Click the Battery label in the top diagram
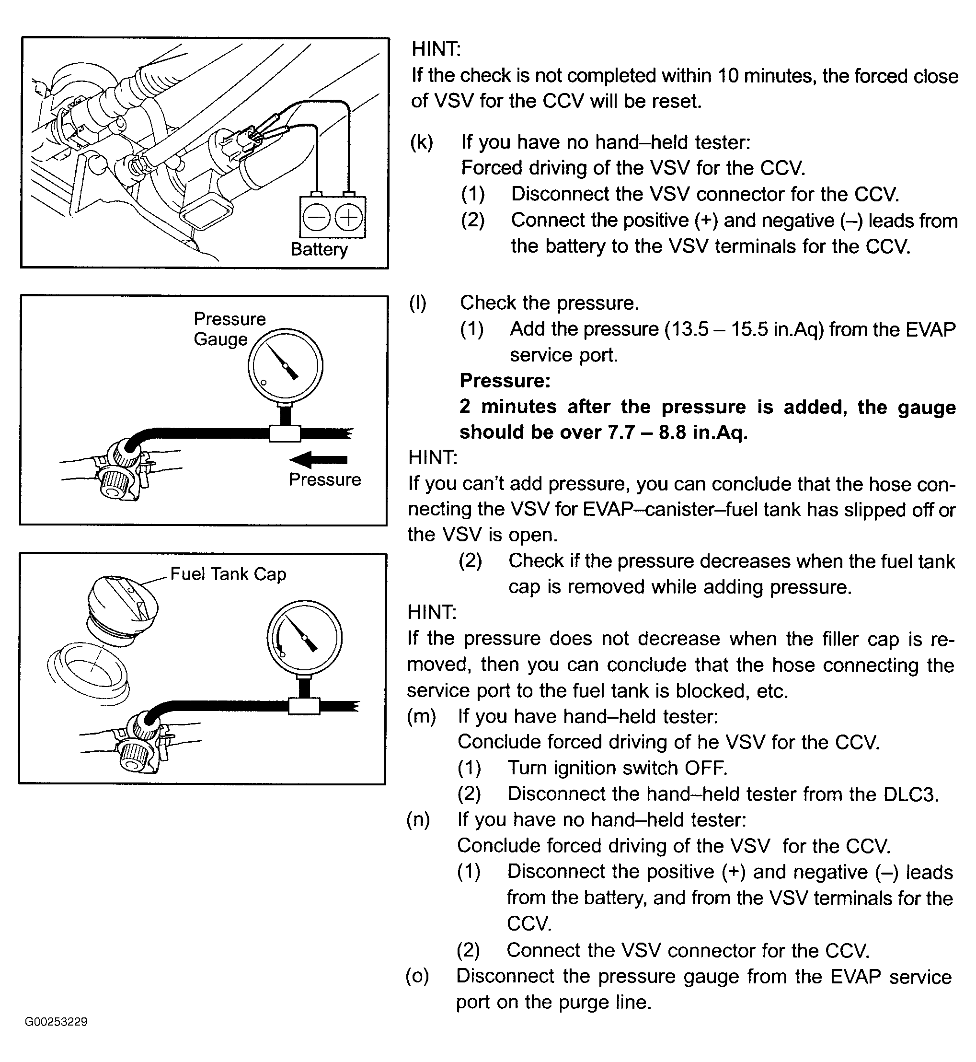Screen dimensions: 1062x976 click(319, 249)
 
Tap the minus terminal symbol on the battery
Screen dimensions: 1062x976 click(316, 218)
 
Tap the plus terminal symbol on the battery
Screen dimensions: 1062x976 click(349, 218)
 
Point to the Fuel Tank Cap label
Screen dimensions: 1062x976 click(228, 574)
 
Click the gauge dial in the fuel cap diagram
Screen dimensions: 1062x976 click(304, 637)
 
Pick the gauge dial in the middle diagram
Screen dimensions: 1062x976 click(285, 366)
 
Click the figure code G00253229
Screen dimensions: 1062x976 click(56, 1021)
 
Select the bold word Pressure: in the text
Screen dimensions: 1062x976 click(505, 380)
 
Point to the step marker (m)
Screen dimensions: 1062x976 click(421, 716)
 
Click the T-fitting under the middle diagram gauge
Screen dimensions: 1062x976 click(285, 433)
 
